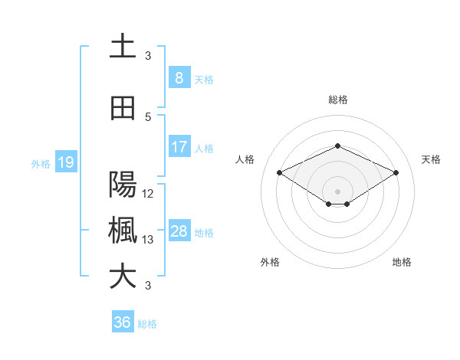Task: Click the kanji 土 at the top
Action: click(123, 47)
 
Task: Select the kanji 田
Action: click(123, 108)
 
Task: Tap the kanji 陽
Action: click(123, 185)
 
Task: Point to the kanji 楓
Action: click(123, 231)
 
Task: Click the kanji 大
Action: click(123, 277)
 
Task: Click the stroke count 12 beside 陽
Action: click(149, 194)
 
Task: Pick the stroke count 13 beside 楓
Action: click(149, 240)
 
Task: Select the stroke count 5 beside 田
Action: click(149, 117)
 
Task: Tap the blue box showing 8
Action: click(179, 78)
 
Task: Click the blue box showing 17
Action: click(179, 147)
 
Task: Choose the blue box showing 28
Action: click(179, 231)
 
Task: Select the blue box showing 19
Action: click(65, 162)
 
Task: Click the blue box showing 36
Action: click(123, 322)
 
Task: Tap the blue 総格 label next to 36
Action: click(147, 324)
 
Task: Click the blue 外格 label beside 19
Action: click(41, 163)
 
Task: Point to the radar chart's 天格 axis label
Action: click(432, 159)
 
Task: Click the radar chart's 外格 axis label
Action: click(270, 262)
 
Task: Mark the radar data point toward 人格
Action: click(279, 172)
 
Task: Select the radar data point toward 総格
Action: click(337, 145)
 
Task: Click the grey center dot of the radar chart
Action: click(337, 190)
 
